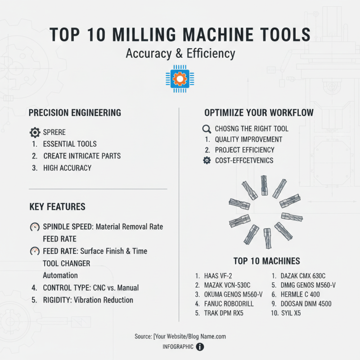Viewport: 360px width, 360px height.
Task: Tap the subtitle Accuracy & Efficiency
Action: point(180,54)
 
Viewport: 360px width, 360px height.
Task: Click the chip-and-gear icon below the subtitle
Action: point(180,79)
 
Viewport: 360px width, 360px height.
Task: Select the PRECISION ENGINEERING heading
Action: point(75,112)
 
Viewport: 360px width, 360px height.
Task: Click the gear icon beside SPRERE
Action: point(35,132)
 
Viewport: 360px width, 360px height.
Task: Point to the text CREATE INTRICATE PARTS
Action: point(82,156)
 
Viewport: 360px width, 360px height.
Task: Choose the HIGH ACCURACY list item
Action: point(67,168)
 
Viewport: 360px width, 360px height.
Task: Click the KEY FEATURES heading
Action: point(57,207)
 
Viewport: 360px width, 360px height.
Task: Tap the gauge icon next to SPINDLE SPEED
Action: point(35,227)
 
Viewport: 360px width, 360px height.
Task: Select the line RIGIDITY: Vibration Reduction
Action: point(88,300)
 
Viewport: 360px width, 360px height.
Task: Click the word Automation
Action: point(60,275)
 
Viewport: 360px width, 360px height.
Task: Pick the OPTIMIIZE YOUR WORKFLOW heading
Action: point(259,112)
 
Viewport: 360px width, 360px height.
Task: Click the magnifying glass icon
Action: point(207,129)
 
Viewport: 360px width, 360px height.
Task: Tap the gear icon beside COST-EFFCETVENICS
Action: point(207,161)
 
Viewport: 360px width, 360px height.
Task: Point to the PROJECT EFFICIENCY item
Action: point(244,150)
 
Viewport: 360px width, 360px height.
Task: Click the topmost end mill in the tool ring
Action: point(264,185)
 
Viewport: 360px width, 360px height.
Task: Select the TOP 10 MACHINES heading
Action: point(266,261)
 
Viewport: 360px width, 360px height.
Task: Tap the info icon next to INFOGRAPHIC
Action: point(200,347)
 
